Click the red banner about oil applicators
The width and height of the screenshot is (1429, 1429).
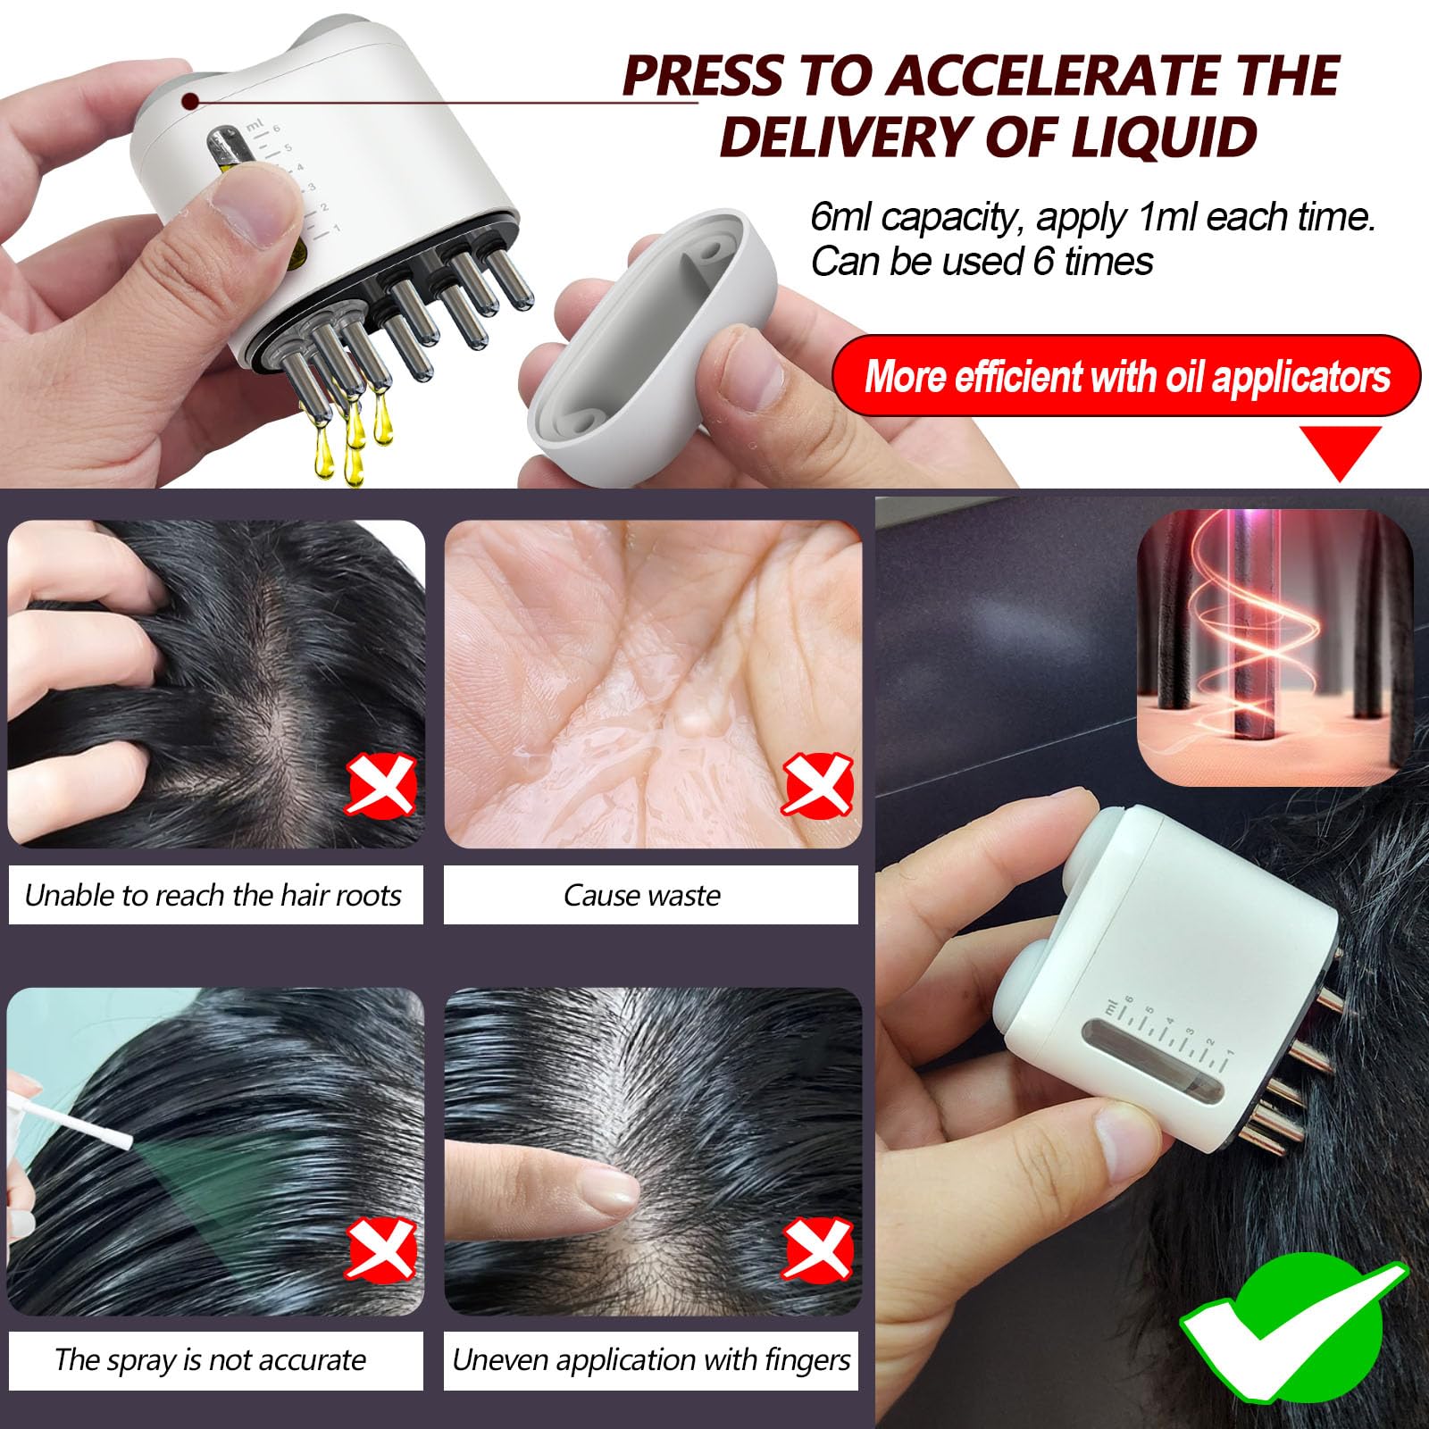click(1126, 376)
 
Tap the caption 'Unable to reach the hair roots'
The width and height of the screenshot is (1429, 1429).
click(213, 895)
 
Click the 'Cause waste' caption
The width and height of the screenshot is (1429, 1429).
click(642, 895)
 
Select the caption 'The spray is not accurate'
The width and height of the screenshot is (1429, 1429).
click(211, 1359)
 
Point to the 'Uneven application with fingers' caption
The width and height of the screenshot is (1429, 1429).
click(651, 1359)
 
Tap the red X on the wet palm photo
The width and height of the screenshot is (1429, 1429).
click(817, 785)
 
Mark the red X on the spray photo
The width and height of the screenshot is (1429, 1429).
click(381, 1248)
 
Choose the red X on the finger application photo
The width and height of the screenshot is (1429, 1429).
click(817, 1248)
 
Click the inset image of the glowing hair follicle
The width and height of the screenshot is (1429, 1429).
click(1274, 648)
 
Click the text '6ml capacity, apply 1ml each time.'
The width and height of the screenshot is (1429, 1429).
click(1093, 217)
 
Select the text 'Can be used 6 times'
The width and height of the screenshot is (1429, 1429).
click(982, 262)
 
